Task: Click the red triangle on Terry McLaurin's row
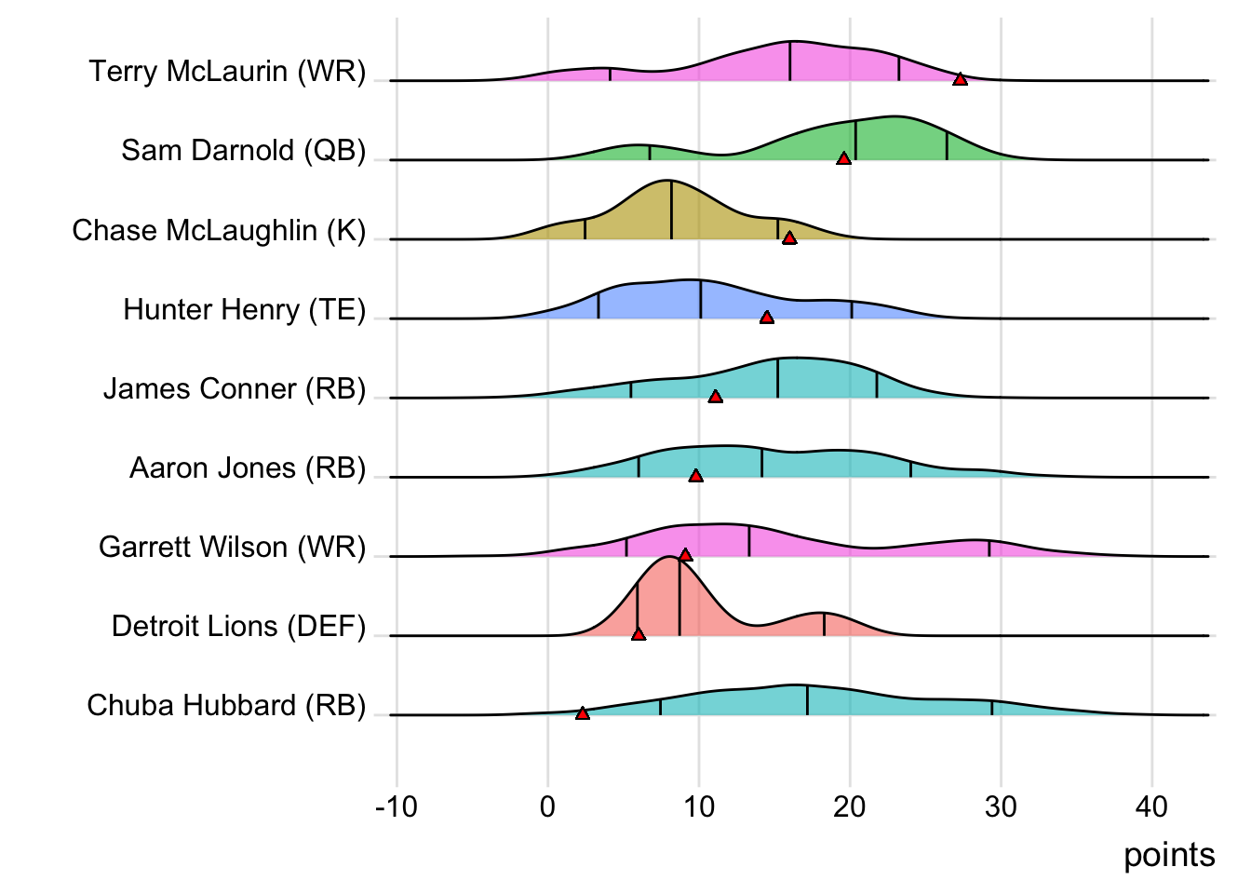(x=960, y=79)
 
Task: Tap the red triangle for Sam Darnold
(x=843, y=158)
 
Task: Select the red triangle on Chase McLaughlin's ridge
(x=789, y=237)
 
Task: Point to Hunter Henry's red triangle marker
(x=766, y=317)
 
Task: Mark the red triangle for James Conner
(x=715, y=396)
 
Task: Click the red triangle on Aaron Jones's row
(x=695, y=475)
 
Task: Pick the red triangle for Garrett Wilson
(x=685, y=554)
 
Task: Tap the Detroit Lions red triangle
(x=639, y=633)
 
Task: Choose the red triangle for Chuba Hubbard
(x=583, y=713)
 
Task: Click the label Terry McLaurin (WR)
(x=227, y=72)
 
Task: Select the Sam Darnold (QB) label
(x=243, y=151)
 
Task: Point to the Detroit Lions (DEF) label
(x=238, y=626)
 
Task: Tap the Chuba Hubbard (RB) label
(x=226, y=705)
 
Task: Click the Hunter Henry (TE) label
(x=244, y=309)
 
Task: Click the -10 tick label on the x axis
(x=396, y=806)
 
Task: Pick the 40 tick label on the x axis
(x=1151, y=806)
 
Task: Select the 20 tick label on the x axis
(x=849, y=806)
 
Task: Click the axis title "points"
(x=1168, y=855)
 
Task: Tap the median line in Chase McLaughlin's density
(x=671, y=210)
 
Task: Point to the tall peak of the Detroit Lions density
(x=669, y=559)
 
